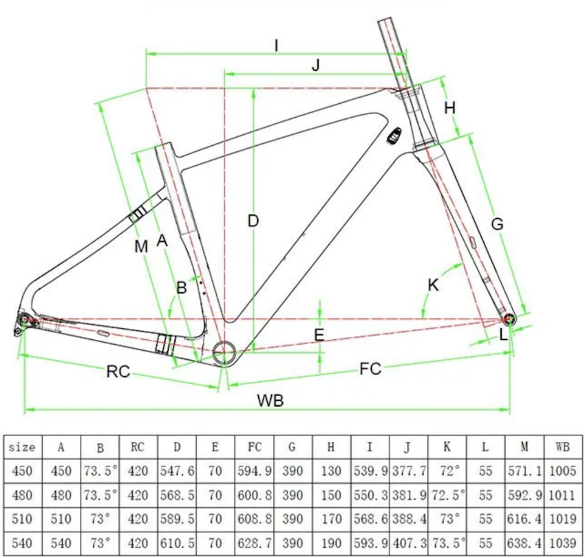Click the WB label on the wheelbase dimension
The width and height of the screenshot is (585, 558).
pyautogui.click(x=270, y=400)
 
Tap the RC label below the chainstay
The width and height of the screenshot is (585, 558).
pyautogui.click(x=118, y=372)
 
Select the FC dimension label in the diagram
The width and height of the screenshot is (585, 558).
pyautogui.click(x=370, y=369)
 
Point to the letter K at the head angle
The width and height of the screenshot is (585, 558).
pyautogui.click(x=433, y=285)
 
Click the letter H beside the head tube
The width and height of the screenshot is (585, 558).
pyautogui.click(x=449, y=108)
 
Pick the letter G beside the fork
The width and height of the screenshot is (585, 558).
pyautogui.click(x=497, y=224)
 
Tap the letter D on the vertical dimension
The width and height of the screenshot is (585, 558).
pyautogui.click(x=253, y=221)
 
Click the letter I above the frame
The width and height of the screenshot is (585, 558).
pyautogui.click(x=277, y=45)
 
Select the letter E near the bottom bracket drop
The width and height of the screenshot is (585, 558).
pyautogui.click(x=319, y=335)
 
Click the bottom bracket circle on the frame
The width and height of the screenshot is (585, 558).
pyautogui.click(x=224, y=352)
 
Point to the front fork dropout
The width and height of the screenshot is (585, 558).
pyautogui.click(x=509, y=319)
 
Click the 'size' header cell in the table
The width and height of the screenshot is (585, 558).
pyautogui.click(x=22, y=447)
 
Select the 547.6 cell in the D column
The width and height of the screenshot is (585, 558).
pyautogui.click(x=177, y=471)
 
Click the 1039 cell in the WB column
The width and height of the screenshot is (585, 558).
pyautogui.click(x=563, y=543)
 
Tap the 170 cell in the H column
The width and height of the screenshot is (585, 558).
pyautogui.click(x=331, y=519)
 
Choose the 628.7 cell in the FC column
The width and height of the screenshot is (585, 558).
pyautogui.click(x=255, y=543)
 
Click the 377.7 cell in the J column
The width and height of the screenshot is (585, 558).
pyautogui.click(x=409, y=471)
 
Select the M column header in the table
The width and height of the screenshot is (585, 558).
pyautogui.click(x=524, y=447)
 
